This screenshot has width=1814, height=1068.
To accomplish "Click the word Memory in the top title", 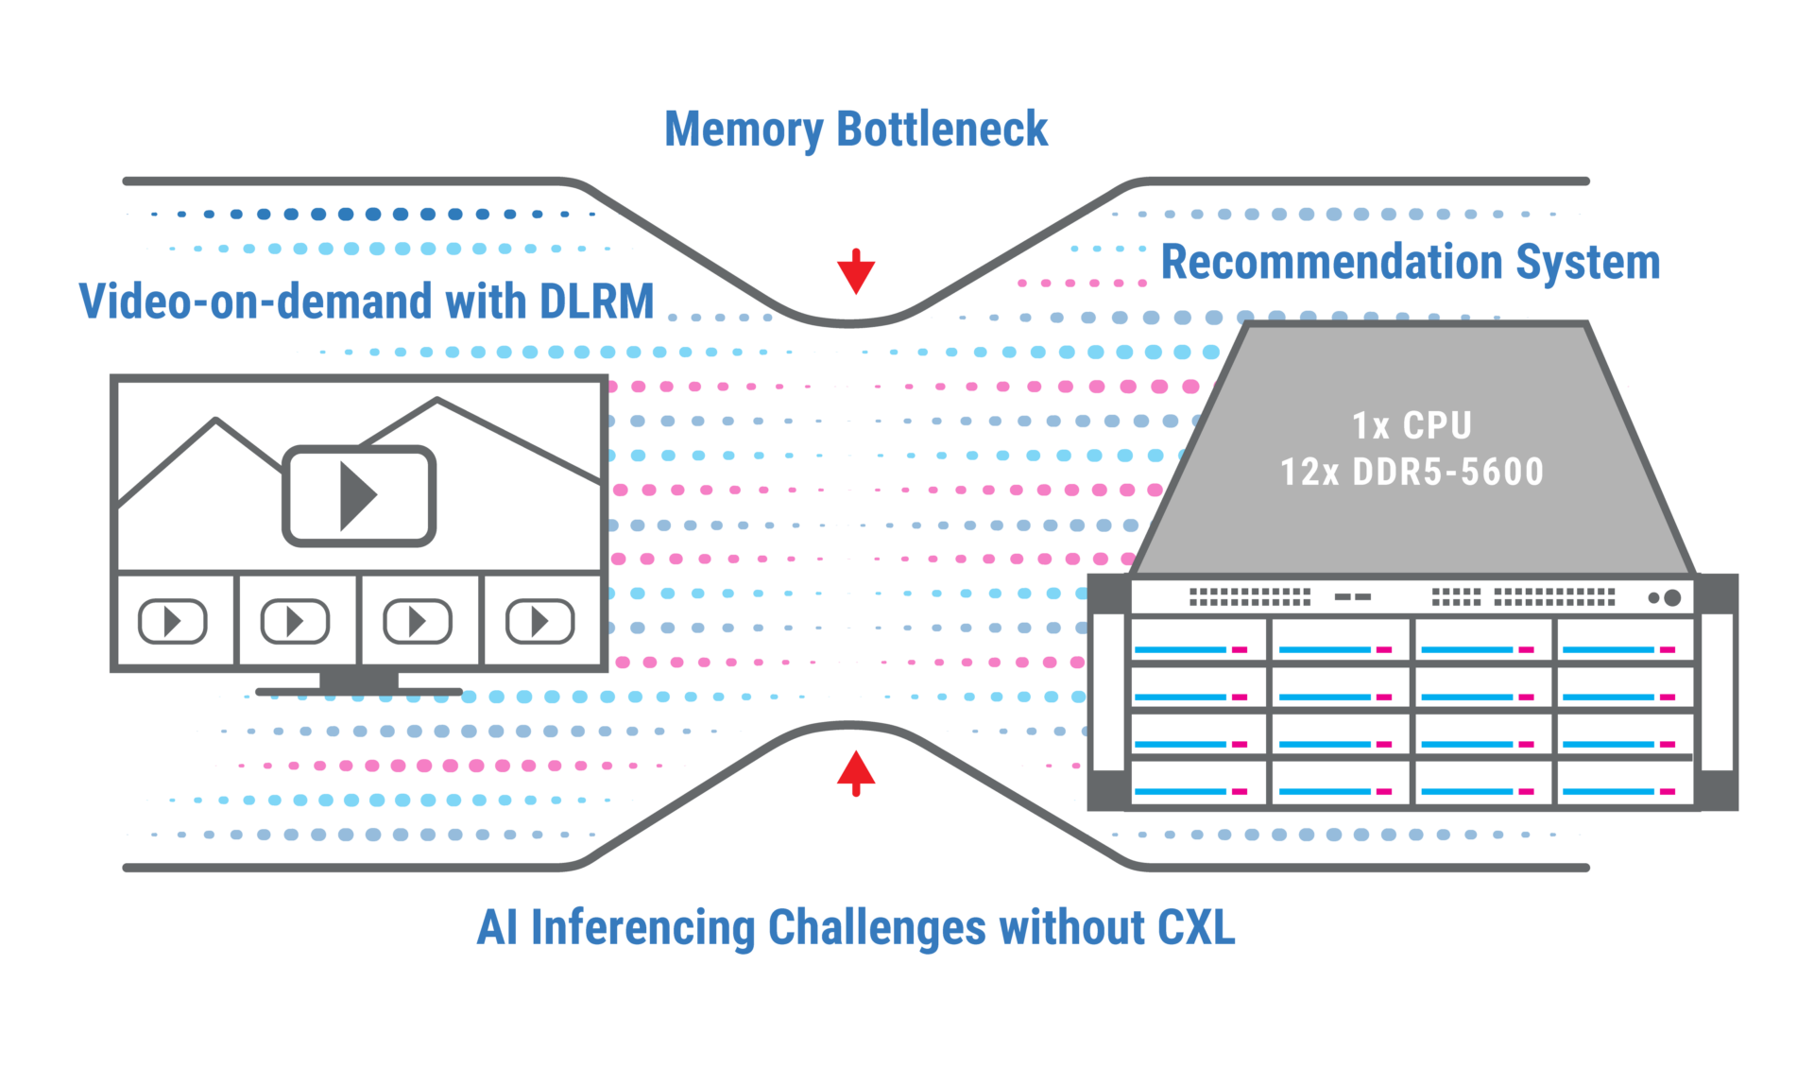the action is (x=744, y=130).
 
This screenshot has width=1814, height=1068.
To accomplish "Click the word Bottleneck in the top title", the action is (x=942, y=129).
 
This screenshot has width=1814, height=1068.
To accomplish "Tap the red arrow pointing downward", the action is (x=856, y=271).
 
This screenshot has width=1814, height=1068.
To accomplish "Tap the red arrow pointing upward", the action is (x=856, y=774).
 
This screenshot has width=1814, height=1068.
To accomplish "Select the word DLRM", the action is (x=597, y=301).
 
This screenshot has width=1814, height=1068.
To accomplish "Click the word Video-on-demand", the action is (x=256, y=301).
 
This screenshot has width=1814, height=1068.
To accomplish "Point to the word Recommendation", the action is (x=1331, y=262).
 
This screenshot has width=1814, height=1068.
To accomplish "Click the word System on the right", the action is (x=1587, y=264).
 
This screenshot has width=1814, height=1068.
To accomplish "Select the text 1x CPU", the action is (x=1412, y=425).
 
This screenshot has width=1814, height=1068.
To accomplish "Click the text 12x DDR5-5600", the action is (x=1412, y=472).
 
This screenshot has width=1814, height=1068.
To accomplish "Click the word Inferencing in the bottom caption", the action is (x=642, y=929).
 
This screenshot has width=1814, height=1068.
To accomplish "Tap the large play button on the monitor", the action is (x=359, y=495).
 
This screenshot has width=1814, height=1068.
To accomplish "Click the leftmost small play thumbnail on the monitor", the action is (x=173, y=621).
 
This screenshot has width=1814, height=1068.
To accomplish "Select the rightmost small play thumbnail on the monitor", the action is (x=540, y=621).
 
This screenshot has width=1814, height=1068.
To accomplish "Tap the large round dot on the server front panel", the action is (x=1672, y=597).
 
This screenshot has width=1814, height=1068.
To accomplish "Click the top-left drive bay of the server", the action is (x=1199, y=640).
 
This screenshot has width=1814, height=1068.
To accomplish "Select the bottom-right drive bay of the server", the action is (x=1625, y=784).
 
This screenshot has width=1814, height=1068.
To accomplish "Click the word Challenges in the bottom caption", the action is (x=877, y=929).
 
